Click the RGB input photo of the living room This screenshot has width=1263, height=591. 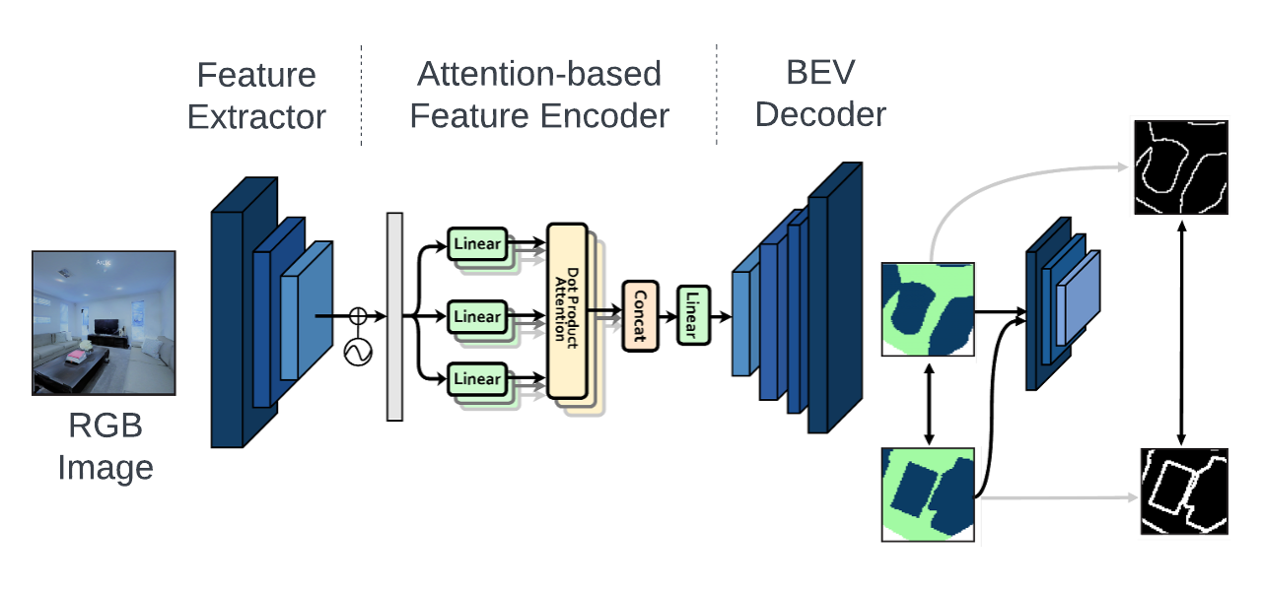pos(105,323)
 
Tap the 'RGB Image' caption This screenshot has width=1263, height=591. pos(105,446)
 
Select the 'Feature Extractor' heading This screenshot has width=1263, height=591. pos(256,96)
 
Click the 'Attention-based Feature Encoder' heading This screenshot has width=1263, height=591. pos(539,95)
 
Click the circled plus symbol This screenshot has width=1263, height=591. pos(358,316)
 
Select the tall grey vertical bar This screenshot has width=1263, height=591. pos(394,316)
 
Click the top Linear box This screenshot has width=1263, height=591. pos(477,242)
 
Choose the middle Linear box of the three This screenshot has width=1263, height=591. pos(477,316)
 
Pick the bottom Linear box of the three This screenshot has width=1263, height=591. pos(477,378)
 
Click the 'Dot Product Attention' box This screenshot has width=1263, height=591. pos(567,311)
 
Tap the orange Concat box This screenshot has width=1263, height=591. pos(639,315)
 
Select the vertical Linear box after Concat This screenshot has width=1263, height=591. pos(693,315)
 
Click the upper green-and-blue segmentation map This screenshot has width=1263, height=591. pos(928,308)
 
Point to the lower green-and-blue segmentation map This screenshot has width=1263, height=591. pos(928,493)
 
